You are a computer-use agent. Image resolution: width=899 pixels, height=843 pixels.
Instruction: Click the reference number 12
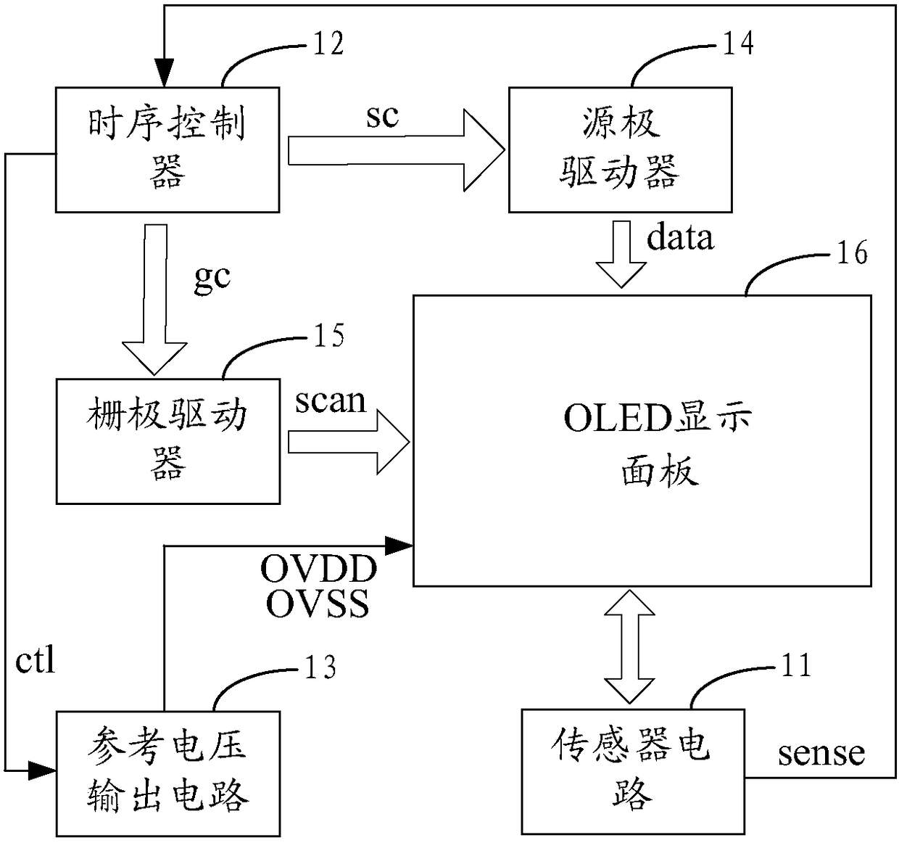click(x=328, y=44)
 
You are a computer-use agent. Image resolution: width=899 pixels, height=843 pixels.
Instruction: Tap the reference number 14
click(x=739, y=44)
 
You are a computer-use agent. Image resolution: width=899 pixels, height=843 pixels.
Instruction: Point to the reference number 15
click(x=329, y=335)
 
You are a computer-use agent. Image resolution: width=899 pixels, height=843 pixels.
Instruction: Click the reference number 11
click(x=796, y=665)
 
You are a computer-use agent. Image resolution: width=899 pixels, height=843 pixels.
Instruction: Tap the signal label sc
click(x=383, y=116)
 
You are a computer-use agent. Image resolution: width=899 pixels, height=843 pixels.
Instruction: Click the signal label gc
click(x=212, y=277)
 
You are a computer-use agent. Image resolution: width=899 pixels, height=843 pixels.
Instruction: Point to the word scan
click(x=331, y=401)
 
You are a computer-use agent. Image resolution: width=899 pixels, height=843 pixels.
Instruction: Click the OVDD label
click(x=319, y=569)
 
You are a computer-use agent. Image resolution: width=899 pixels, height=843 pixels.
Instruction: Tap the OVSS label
click(x=318, y=604)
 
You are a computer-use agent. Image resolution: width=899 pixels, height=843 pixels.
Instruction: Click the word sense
click(x=821, y=754)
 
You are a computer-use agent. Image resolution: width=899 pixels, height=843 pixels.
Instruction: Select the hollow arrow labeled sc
click(x=396, y=150)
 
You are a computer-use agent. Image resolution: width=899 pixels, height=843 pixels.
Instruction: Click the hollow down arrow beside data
click(x=621, y=255)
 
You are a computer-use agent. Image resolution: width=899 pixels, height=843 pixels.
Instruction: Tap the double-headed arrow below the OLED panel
click(x=629, y=647)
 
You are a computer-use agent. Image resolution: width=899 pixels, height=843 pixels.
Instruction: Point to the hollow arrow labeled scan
click(x=349, y=442)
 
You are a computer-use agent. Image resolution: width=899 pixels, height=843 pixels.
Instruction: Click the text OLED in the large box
click(x=618, y=419)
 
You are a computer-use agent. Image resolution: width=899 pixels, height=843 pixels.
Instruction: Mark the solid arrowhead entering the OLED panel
click(x=399, y=546)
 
